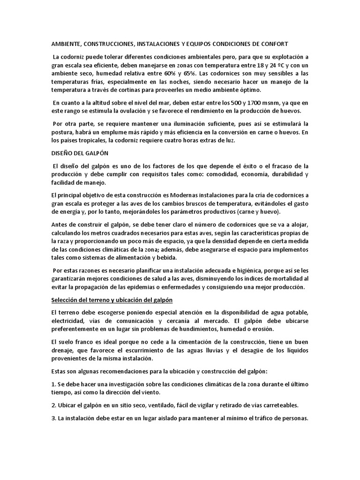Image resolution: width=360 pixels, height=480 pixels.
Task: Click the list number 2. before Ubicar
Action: (x=53, y=405)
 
